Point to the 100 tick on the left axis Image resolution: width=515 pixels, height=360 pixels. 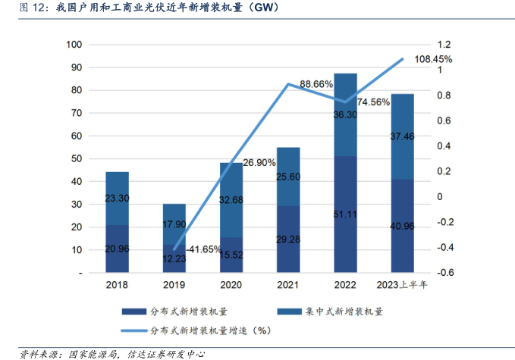(x=74, y=45)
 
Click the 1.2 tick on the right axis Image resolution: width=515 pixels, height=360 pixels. (x=441, y=45)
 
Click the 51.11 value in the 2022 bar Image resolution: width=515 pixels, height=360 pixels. (x=345, y=214)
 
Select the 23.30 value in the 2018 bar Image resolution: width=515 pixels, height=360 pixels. (x=117, y=198)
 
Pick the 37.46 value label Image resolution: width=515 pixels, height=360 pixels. (x=402, y=157)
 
